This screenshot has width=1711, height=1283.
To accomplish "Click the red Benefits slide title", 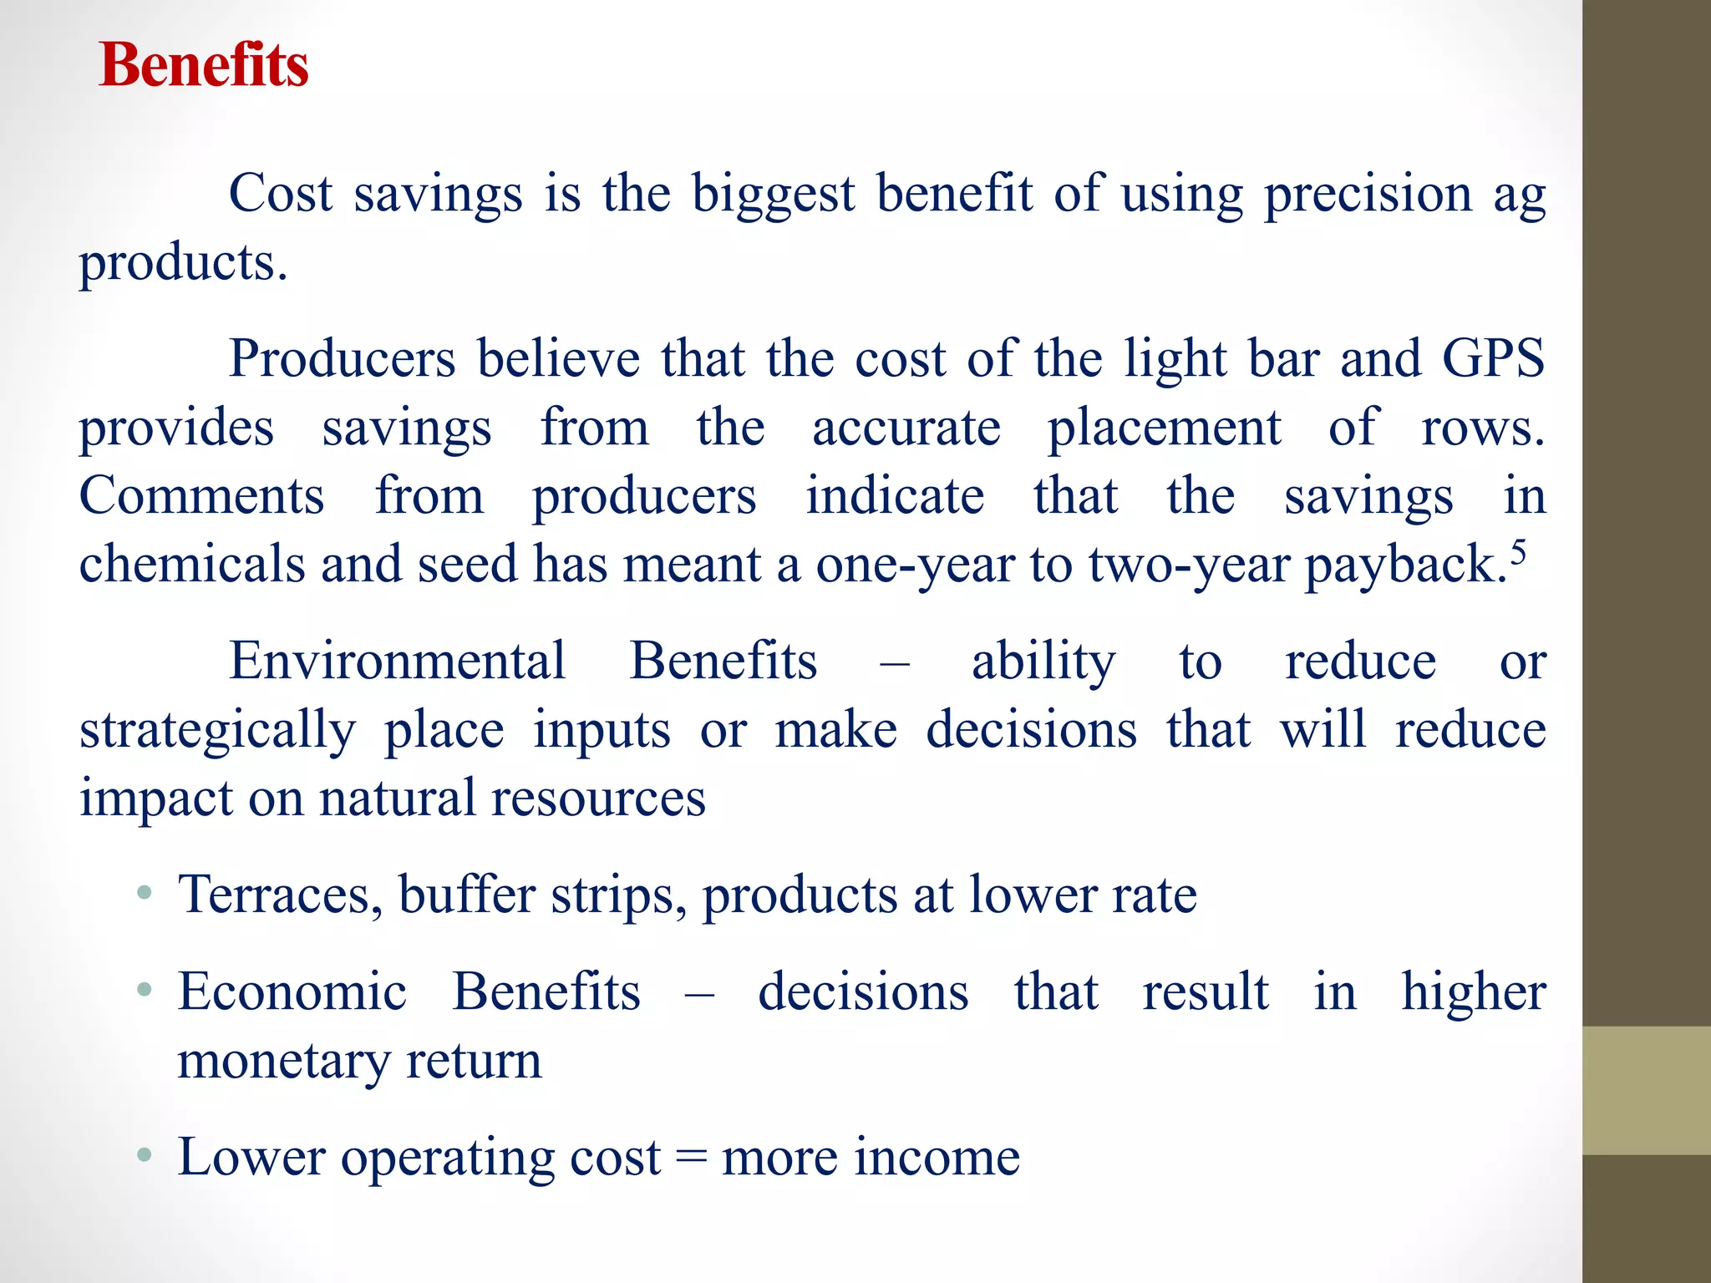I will (204, 65).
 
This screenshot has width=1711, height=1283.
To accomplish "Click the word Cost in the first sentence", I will (281, 194).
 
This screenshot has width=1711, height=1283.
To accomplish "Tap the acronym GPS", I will (1493, 359).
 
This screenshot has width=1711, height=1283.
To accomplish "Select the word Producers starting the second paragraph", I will (343, 359).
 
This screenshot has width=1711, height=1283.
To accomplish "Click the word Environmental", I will (398, 661).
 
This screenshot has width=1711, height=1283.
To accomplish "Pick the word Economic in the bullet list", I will (292, 992).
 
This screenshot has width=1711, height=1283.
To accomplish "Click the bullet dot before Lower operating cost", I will (145, 1156).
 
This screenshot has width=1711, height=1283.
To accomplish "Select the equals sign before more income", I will (691, 1159).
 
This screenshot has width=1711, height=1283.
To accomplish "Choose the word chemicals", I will (192, 565).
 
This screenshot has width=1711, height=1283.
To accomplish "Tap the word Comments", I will (201, 496).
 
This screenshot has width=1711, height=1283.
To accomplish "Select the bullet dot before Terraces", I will (145, 893).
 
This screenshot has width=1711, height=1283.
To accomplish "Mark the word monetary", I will (284, 1062).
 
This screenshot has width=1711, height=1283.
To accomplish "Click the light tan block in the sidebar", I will (1646, 1090).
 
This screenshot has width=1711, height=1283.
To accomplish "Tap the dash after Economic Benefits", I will (699, 994).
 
